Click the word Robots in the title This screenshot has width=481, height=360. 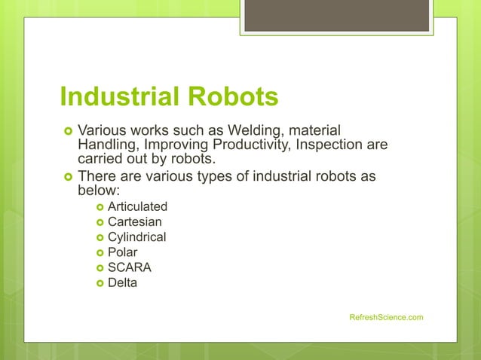[x=236, y=96]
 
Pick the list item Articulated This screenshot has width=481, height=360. [x=137, y=206]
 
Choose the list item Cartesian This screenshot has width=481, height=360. [x=134, y=221]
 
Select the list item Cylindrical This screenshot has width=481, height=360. [x=136, y=237]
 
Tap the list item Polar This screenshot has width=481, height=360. [x=122, y=252]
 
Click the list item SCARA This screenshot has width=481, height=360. [x=129, y=268]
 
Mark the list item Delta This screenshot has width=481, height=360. [x=122, y=283]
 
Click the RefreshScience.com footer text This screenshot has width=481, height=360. [x=386, y=317]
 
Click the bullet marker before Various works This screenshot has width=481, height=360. [x=67, y=131]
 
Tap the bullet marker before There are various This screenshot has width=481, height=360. [x=67, y=176]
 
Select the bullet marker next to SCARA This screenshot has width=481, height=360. [x=99, y=268]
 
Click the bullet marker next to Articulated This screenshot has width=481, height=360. [x=99, y=206]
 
